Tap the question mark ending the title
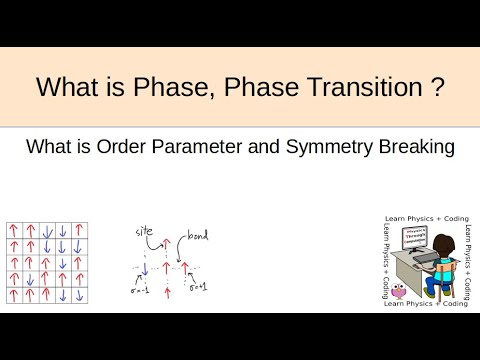click(437, 87)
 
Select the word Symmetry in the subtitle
click(332, 147)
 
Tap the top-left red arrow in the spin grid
click(14, 232)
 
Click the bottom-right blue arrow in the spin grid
click(79, 294)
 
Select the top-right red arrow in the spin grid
click(79, 232)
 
